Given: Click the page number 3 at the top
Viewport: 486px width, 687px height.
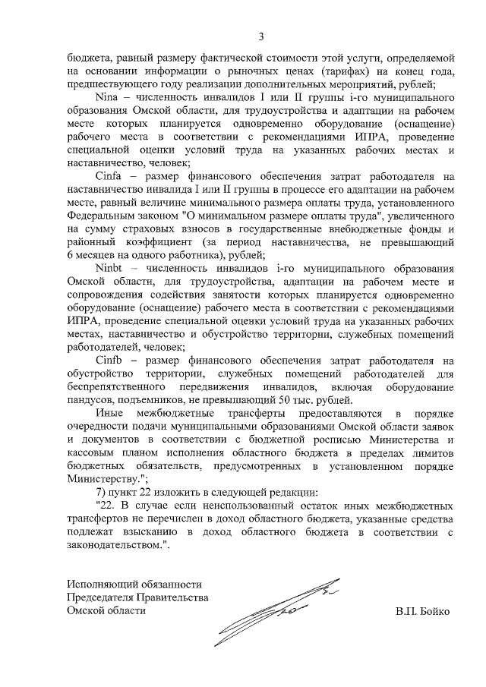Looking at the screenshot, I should [260, 36].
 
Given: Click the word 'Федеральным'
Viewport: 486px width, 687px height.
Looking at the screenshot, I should [101, 215].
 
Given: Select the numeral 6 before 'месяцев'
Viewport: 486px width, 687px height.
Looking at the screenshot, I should [70, 254].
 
